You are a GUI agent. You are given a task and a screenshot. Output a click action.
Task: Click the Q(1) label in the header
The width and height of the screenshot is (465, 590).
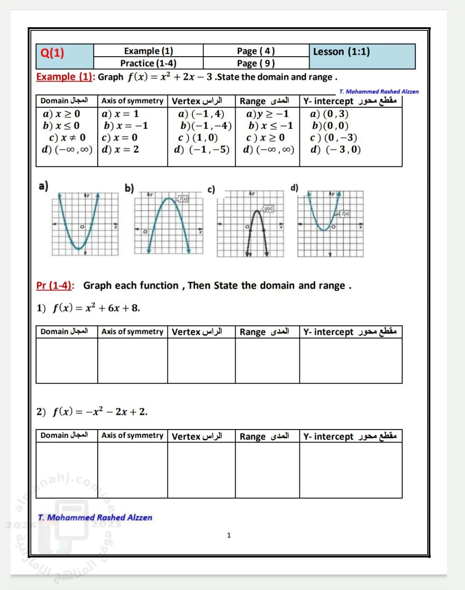(x=53, y=53)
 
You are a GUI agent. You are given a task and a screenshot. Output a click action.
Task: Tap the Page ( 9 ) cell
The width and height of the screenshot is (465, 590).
(x=256, y=63)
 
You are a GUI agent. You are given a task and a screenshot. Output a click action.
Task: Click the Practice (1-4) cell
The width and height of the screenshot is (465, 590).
(x=148, y=63)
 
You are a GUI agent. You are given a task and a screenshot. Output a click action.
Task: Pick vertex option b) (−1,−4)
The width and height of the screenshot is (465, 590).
(x=206, y=126)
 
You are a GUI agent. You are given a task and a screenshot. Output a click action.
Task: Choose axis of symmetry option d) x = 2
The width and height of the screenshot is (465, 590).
(x=120, y=149)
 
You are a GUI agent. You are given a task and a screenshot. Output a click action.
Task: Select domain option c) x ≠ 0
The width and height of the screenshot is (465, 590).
(x=67, y=137)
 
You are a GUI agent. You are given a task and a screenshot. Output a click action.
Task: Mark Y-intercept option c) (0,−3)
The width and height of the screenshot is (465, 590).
(x=334, y=137)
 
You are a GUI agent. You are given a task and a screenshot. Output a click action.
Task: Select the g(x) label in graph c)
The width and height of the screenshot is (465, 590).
(x=268, y=209)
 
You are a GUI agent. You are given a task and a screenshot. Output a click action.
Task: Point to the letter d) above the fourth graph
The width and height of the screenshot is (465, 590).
(x=294, y=188)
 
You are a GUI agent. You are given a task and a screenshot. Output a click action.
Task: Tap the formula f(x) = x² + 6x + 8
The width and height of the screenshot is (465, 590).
(x=96, y=308)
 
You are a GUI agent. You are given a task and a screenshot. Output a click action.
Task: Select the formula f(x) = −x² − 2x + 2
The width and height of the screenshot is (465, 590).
(x=100, y=412)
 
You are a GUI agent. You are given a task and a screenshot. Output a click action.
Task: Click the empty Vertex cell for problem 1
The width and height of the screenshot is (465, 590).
(x=201, y=360)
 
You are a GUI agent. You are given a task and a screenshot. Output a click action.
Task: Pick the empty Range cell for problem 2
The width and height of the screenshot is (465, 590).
(x=267, y=470)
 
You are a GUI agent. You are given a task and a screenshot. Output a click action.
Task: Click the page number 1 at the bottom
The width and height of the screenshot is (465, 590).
(x=229, y=535)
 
